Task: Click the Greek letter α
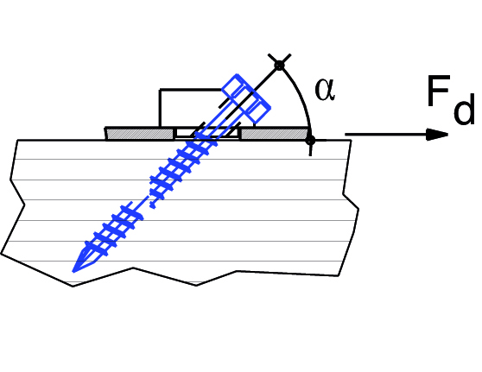click(325, 90)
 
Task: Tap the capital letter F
click(439, 91)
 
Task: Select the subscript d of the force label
click(464, 109)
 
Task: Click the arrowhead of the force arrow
click(437, 135)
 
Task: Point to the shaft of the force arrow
click(385, 135)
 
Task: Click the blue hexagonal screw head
click(246, 98)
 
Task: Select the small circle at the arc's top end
click(279, 66)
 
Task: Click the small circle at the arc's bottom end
click(310, 141)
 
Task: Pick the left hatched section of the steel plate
click(139, 134)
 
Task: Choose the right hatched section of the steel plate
click(274, 134)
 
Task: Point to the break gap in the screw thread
click(147, 204)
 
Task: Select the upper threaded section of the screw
click(183, 167)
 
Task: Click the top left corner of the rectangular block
click(160, 90)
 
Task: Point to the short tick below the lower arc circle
click(310, 150)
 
